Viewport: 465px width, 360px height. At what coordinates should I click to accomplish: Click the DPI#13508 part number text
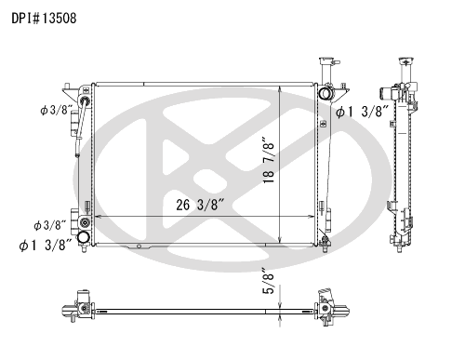coord(44,19)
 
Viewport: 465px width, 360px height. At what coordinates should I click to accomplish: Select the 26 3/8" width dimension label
coord(200,205)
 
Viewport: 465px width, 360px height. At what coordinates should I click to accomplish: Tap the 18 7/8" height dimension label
coord(269,160)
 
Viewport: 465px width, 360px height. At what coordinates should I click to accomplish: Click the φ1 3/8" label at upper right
coord(362,112)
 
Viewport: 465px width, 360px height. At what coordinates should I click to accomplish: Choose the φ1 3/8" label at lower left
coord(46,246)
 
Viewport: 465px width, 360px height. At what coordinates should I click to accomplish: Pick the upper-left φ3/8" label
coord(56,110)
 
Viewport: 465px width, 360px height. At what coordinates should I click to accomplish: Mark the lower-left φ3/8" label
coord(50,225)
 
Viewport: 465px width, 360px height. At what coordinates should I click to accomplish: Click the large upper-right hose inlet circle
coord(325,93)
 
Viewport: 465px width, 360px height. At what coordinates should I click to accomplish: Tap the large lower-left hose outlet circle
coord(84,237)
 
